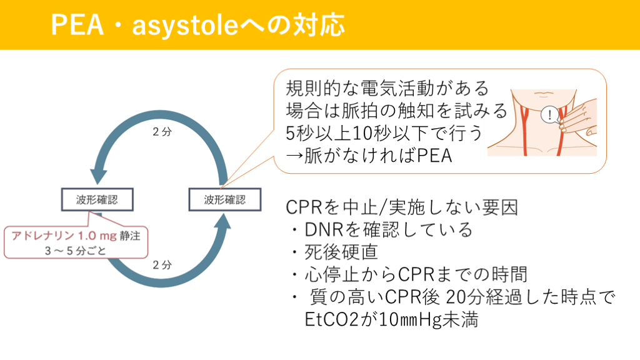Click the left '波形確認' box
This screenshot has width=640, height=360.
coord(96,200)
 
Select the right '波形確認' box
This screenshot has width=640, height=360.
coord(224,200)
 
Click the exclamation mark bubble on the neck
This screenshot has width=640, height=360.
coord(549,115)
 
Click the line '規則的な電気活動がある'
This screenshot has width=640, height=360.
coord(387,87)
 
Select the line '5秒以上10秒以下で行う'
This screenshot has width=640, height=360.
coord(384,133)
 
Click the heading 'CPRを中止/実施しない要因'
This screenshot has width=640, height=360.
coord(401,207)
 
